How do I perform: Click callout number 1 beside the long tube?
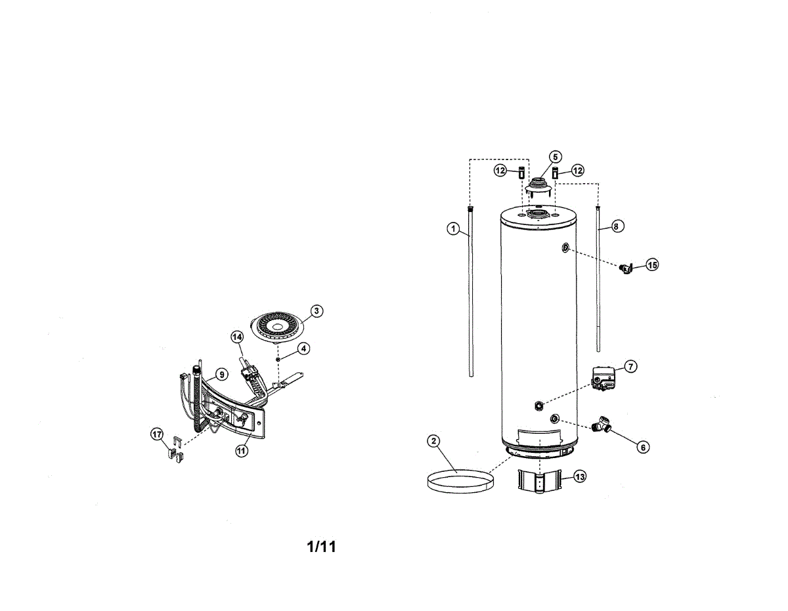pyautogui.click(x=452, y=228)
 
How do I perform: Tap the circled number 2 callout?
pyautogui.click(x=433, y=441)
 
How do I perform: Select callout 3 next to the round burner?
pyautogui.click(x=316, y=310)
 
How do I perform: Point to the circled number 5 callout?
pyautogui.click(x=555, y=157)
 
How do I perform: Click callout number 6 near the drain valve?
pyautogui.click(x=643, y=447)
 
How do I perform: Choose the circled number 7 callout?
pyautogui.click(x=630, y=366)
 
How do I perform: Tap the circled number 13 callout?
pyautogui.click(x=579, y=477)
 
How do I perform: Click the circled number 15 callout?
pyautogui.click(x=651, y=264)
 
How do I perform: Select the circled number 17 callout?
pyautogui.click(x=156, y=434)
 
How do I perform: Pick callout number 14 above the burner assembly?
pyautogui.click(x=237, y=337)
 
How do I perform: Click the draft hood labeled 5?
pyautogui.click(x=540, y=186)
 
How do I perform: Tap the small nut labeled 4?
pyautogui.click(x=278, y=360)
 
